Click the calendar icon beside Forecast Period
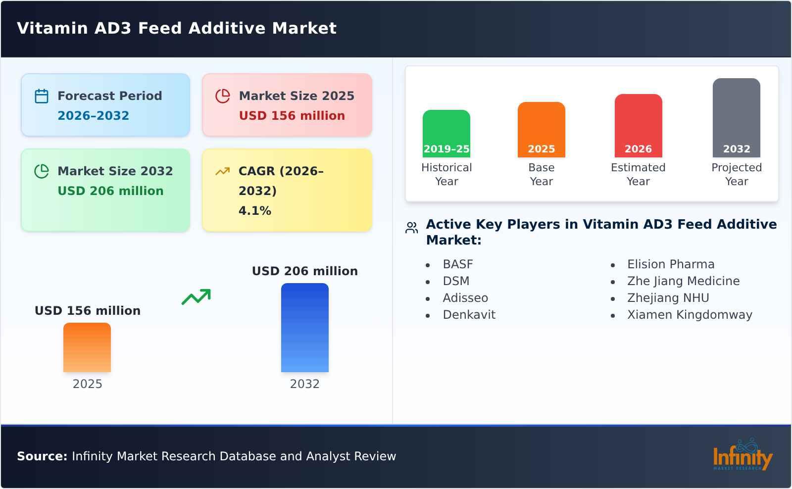42,96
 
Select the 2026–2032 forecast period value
93,116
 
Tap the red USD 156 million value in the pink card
292,116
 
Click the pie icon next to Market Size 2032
42,171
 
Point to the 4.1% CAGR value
254,211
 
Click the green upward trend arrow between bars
196,297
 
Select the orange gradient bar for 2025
87,347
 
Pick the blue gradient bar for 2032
304,328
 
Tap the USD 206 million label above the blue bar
304,271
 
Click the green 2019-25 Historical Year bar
446,134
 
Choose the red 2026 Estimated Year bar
638,126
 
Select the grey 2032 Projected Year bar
736,118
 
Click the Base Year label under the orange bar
541,174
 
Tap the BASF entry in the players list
458,264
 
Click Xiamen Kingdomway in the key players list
689,315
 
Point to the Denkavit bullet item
469,315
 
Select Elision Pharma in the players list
670,264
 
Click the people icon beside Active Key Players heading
411,228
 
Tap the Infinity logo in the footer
742,455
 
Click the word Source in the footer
42,456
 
